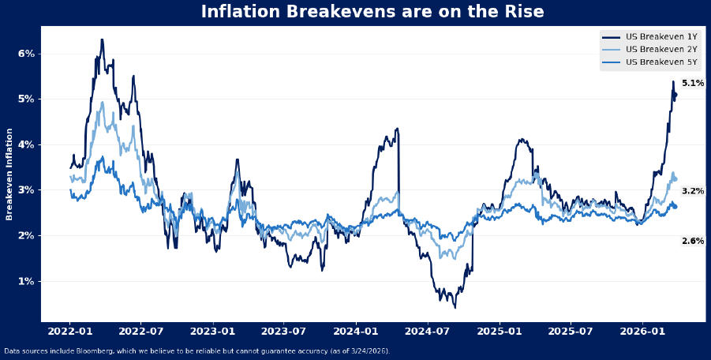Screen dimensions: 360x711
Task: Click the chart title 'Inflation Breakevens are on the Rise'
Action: (x=372, y=12)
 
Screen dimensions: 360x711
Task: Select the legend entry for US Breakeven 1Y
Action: (x=661, y=37)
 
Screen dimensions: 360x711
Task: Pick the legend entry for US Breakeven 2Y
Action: (x=661, y=50)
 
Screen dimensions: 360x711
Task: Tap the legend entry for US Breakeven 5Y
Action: (x=661, y=62)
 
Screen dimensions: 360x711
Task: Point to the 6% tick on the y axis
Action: (x=26, y=54)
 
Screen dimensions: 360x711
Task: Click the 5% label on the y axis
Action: (x=26, y=99)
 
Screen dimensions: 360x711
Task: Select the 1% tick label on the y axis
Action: (x=26, y=282)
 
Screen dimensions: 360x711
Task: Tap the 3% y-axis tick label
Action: (x=26, y=190)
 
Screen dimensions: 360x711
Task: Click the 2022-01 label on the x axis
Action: (x=70, y=333)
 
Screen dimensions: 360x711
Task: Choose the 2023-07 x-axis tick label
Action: (x=284, y=333)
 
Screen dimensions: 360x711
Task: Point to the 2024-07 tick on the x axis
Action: (x=428, y=333)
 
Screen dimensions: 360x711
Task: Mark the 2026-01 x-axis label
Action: (x=643, y=333)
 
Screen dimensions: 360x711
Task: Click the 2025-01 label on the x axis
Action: (x=500, y=333)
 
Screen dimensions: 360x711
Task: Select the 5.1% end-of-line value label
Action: (x=693, y=84)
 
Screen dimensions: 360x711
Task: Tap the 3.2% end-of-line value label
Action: (x=693, y=191)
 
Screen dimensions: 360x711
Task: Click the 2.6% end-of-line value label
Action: (x=693, y=241)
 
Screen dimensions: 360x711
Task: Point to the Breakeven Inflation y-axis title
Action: (x=9, y=174)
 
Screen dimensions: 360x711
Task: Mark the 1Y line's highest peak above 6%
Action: (x=102, y=39)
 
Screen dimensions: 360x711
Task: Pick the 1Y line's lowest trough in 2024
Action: (x=455, y=306)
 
